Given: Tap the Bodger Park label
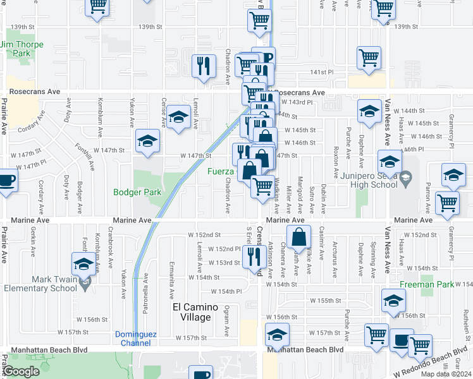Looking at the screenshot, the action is pyautogui.click(x=138, y=192).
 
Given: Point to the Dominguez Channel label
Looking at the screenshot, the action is pyautogui.click(x=134, y=339).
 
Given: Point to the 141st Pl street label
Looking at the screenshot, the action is pyautogui.click(x=322, y=73).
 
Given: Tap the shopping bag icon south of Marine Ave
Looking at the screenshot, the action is pyautogui.click(x=299, y=237).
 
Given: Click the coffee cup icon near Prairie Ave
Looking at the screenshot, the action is pyautogui.click(x=6, y=179).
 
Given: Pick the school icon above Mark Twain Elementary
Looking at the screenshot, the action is pyautogui.click(x=83, y=263).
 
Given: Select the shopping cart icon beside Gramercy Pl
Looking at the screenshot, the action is pyautogui.click(x=447, y=203).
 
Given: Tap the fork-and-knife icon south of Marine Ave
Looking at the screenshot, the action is pyautogui.click(x=254, y=255).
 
